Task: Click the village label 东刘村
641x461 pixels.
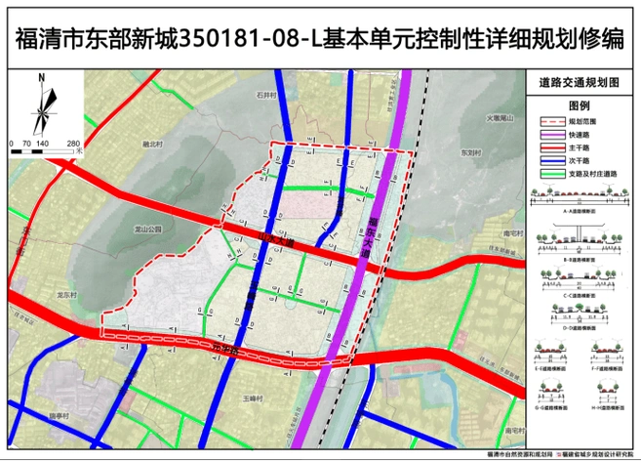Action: click(x=472, y=151)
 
